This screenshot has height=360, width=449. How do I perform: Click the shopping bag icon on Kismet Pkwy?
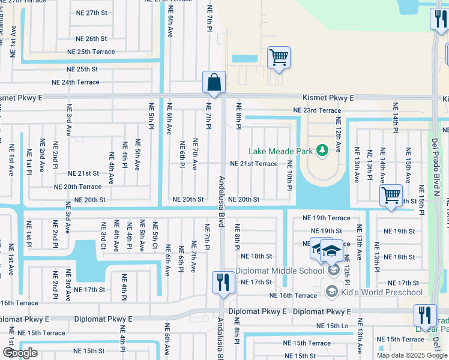pyautogui.click(x=214, y=83)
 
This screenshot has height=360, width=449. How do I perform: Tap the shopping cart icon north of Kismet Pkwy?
pyautogui.click(x=279, y=58)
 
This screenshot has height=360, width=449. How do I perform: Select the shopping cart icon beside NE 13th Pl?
pyautogui.click(x=391, y=195)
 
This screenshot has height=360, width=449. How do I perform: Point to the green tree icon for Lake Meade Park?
pyautogui.click(x=322, y=150)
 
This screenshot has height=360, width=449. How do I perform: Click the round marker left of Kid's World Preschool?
pyautogui.click(x=331, y=292)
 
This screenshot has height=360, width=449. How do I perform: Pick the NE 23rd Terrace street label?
pyautogui.click(x=316, y=110)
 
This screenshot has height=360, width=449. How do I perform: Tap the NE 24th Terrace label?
pyautogui.click(x=76, y=82)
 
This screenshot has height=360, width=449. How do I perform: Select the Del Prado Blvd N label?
pyautogui.click(x=435, y=168)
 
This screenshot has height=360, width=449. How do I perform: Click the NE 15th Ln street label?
pyautogui.click(x=333, y=326)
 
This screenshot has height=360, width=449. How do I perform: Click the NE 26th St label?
pyautogui.click(x=91, y=38)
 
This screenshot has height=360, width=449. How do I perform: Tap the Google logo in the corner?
pyautogui.click(x=19, y=352)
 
